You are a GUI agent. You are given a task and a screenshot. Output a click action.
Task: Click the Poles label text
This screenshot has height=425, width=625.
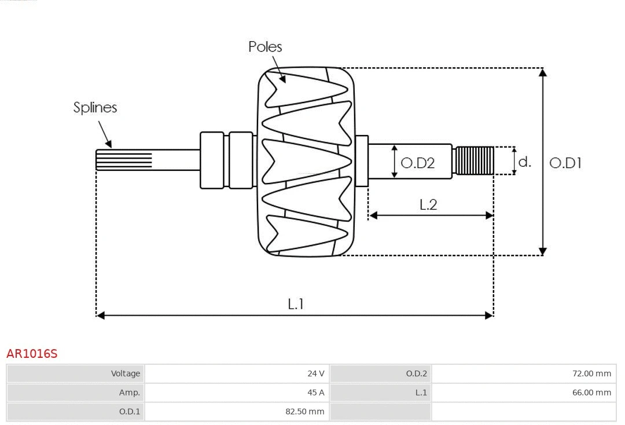click(x=265, y=47)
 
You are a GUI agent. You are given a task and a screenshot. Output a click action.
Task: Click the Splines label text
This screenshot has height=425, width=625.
click(x=95, y=108)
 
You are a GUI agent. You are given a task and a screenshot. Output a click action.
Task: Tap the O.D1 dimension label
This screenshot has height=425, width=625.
click(x=565, y=163)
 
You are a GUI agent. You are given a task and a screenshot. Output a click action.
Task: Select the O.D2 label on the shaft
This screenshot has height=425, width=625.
click(x=417, y=163)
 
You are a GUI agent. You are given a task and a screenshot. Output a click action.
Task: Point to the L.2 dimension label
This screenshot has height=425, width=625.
click(x=428, y=204)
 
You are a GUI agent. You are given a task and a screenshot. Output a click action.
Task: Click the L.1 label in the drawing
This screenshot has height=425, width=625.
click(x=296, y=304)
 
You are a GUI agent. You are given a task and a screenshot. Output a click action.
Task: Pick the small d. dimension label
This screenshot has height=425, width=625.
click(x=524, y=162)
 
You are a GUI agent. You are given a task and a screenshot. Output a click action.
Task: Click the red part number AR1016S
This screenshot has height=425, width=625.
click(x=32, y=354)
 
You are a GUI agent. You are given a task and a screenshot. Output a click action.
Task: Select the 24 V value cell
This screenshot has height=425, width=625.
click(x=315, y=373)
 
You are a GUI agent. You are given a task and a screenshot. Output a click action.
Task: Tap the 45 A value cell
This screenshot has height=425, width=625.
click(x=315, y=393)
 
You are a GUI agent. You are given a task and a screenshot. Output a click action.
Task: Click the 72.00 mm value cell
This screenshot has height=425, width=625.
click(x=591, y=373)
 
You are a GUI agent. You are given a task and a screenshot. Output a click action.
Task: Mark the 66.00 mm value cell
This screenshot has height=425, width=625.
click(x=591, y=393)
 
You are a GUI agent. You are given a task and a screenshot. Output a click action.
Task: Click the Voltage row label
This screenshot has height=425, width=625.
click(x=126, y=373)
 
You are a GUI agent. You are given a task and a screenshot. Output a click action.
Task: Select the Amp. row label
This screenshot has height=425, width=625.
click(x=129, y=393)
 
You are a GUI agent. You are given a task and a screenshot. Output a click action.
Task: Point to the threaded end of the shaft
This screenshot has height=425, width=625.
click(x=475, y=160)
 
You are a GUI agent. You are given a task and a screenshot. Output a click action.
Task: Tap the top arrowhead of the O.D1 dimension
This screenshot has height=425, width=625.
click(x=542, y=72)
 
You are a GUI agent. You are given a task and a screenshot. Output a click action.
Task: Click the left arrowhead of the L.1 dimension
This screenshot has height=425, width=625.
click(x=100, y=315)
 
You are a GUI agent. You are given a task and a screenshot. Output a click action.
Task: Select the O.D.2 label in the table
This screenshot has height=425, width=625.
click(x=416, y=373)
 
